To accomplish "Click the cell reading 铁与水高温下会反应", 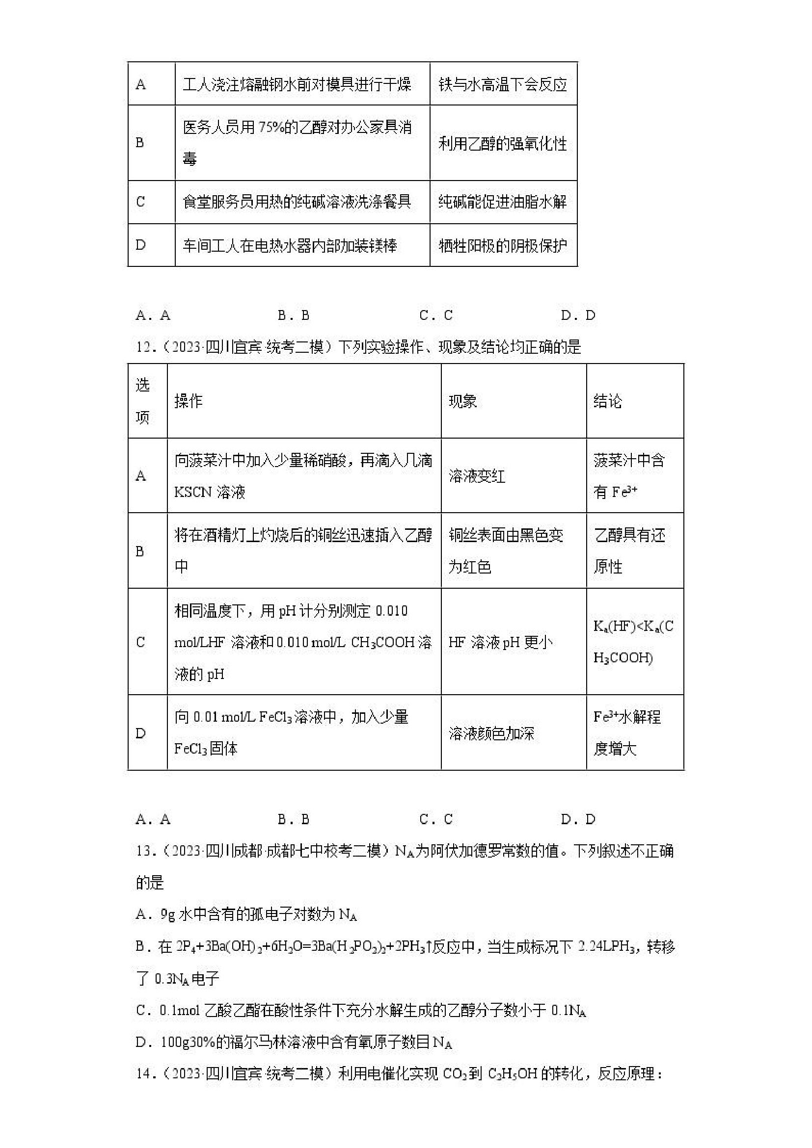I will pos(503,84).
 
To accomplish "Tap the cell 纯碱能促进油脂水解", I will pos(503,202).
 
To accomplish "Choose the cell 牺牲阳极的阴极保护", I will pos(503,245).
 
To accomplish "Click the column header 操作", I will pos(188,401).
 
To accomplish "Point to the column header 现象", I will pos(462,401).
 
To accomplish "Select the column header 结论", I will pos(607,401).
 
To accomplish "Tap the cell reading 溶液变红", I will pos(477,475).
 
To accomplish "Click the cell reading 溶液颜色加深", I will pos(491,733).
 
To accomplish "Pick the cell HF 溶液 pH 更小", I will pos(500,642).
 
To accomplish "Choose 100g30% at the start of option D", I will pos(188,1043).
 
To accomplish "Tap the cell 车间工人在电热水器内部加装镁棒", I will pos(290,245).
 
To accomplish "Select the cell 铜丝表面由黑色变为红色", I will pos(506,550).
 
